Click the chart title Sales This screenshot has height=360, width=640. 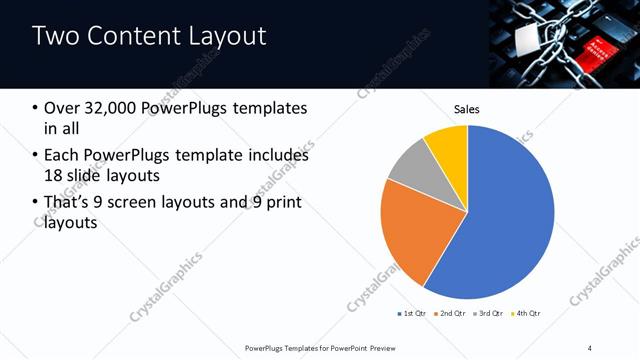click(467, 108)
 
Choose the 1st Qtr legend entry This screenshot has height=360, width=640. click(411, 314)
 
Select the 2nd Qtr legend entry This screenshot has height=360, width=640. click(451, 314)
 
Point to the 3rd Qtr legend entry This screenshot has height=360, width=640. click(490, 314)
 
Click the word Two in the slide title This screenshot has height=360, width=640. click(54, 37)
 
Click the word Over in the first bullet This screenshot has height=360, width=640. click(62, 108)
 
